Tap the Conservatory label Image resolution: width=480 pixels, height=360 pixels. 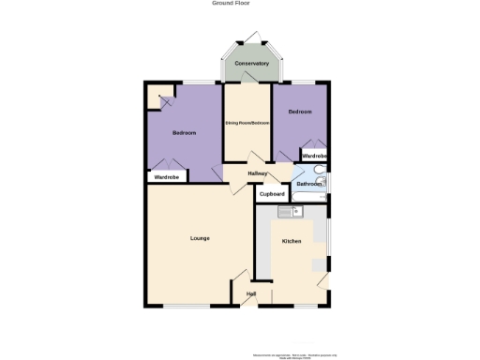tap(252, 64)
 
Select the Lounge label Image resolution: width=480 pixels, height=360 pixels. tap(200, 238)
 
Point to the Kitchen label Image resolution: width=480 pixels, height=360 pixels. tap(292, 242)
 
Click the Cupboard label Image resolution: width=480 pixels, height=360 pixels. tap(272, 194)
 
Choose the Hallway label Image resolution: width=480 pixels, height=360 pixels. tap(257, 173)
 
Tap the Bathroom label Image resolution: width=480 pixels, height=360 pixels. tap(308, 185)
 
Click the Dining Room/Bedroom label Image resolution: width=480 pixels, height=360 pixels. tap(247, 123)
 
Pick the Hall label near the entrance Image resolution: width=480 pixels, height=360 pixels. tap(251, 294)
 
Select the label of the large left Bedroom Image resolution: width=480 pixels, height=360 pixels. tap(185, 133)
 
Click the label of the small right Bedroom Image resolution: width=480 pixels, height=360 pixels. tap(299, 112)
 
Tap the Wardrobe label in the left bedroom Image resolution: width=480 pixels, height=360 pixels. tap(167, 176)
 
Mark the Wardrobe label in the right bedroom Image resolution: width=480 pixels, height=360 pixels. tap(314, 155)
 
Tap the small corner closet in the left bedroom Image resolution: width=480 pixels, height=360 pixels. tap(160, 97)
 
